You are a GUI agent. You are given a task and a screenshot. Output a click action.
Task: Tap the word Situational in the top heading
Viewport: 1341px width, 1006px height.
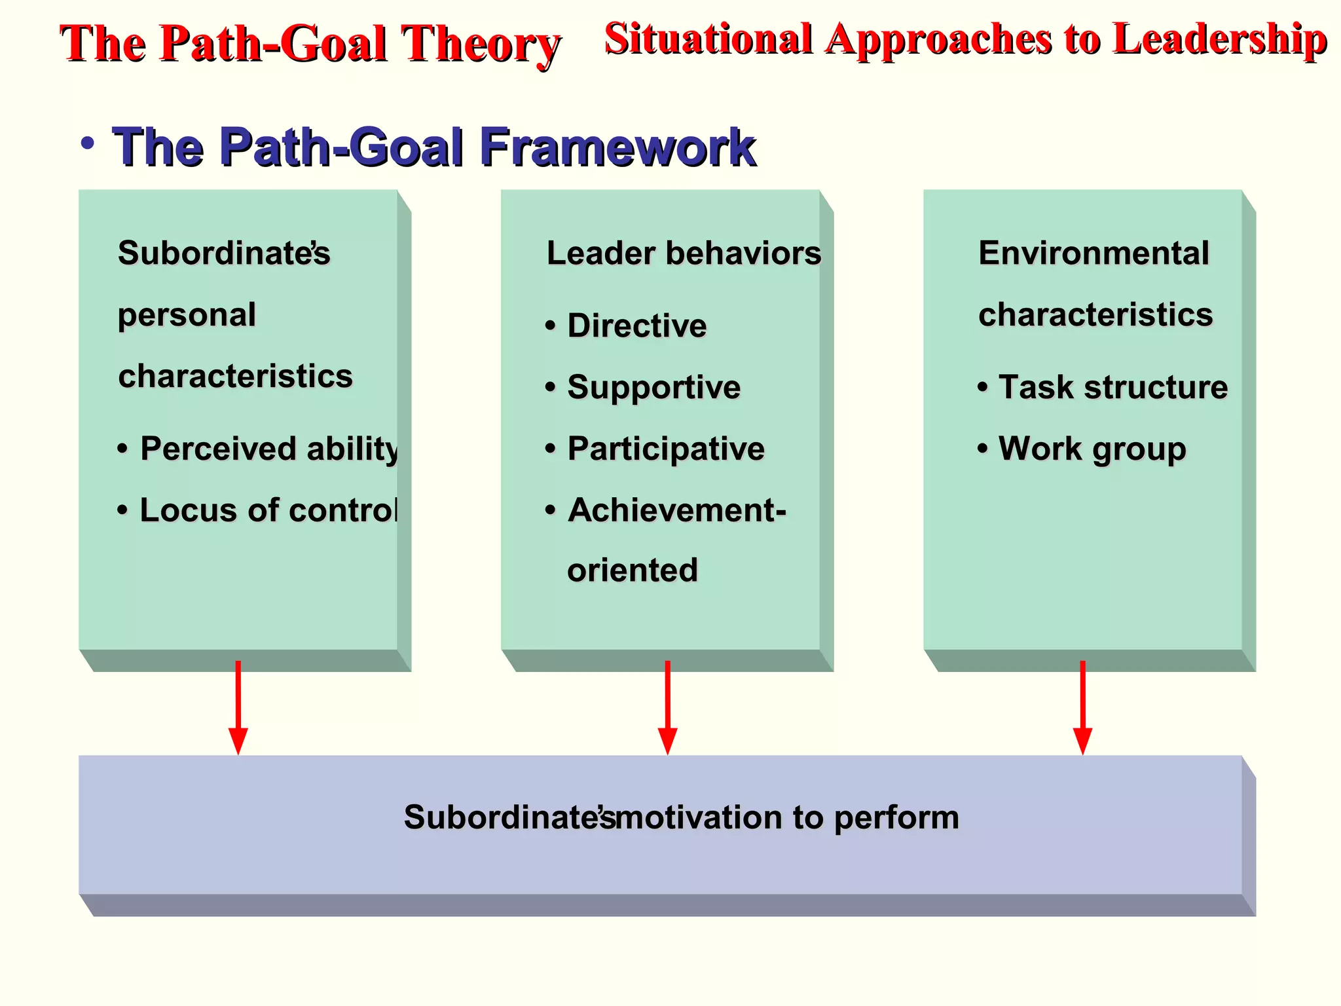tap(708, 39)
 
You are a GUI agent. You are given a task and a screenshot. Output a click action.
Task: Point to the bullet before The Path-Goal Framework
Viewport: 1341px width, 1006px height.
tap(88, 143)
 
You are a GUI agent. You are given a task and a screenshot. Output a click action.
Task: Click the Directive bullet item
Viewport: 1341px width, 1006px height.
tap(636, 326)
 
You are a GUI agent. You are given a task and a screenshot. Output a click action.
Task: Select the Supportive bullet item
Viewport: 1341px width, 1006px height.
tap(653, 387)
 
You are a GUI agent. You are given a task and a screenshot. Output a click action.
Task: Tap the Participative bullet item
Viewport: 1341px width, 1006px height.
tap(665, 449)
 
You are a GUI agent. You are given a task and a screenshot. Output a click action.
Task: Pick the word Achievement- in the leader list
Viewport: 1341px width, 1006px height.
tap(676, 510)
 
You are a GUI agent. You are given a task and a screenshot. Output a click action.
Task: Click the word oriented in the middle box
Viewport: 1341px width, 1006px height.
tap(632, 570)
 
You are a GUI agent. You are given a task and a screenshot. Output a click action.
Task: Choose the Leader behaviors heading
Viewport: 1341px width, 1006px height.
tap(684, 253)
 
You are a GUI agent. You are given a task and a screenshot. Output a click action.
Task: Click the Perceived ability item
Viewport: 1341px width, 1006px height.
tap(268, 449)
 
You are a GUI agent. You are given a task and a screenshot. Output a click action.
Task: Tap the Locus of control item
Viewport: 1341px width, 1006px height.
tap(268, 510)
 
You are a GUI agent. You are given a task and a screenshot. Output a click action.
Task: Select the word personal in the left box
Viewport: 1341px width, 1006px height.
tap(187, 315)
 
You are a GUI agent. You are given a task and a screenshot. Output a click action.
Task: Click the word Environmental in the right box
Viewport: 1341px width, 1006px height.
tap(1093, 253)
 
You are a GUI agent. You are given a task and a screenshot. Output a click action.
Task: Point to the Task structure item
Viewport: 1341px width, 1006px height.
tap(1112, 387)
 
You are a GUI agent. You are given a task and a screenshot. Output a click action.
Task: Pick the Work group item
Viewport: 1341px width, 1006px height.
tap(1092, 449)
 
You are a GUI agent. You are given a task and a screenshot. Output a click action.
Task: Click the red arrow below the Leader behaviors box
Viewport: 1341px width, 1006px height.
tap(667, 707)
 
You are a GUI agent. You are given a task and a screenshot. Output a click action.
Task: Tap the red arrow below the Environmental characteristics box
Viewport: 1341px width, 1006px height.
tap(1082, 707)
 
